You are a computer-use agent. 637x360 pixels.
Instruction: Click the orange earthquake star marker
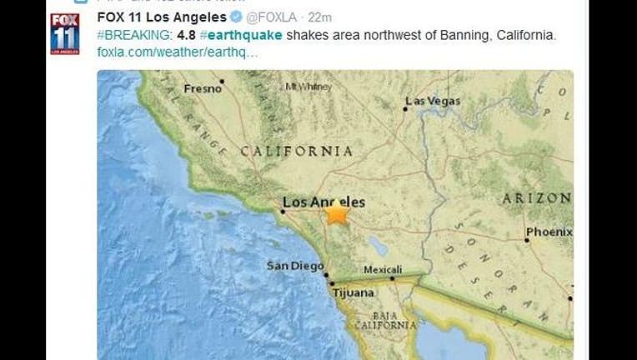point(337,213)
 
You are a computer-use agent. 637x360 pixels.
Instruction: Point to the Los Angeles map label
point(324,202)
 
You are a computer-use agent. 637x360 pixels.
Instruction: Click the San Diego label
point(293,266)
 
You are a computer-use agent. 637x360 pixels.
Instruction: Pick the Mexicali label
point(383,269)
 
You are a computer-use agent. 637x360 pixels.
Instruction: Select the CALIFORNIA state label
point(296,151)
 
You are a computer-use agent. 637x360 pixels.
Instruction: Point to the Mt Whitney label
point(304,86)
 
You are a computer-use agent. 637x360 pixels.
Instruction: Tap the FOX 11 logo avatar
point(65,33)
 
